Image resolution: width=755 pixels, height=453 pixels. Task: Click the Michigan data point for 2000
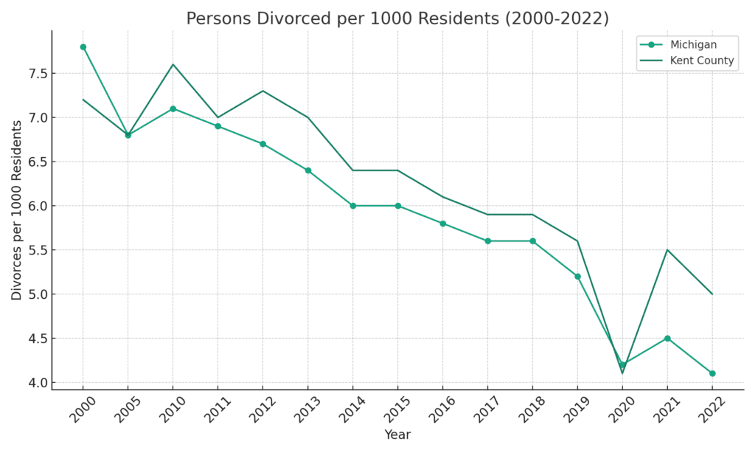point(83,46)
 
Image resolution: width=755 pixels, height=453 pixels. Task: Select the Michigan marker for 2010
point(173,108)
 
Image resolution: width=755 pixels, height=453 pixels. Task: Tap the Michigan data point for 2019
point(577,277)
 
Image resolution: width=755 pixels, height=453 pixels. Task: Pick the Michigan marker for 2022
point(712,373)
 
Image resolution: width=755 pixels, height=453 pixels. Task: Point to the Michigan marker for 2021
point(667,338)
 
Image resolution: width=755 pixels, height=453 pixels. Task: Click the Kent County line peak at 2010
point(173,64)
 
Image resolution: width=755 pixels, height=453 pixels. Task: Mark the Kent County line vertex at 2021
point(667,249)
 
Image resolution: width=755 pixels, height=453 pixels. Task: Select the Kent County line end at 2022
point(712,294)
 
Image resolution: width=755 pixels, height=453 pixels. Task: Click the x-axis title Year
point(397,435)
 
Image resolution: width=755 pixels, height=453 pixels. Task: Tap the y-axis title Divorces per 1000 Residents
point(17,210)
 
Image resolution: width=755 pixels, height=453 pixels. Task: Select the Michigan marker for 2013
point(307,170)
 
